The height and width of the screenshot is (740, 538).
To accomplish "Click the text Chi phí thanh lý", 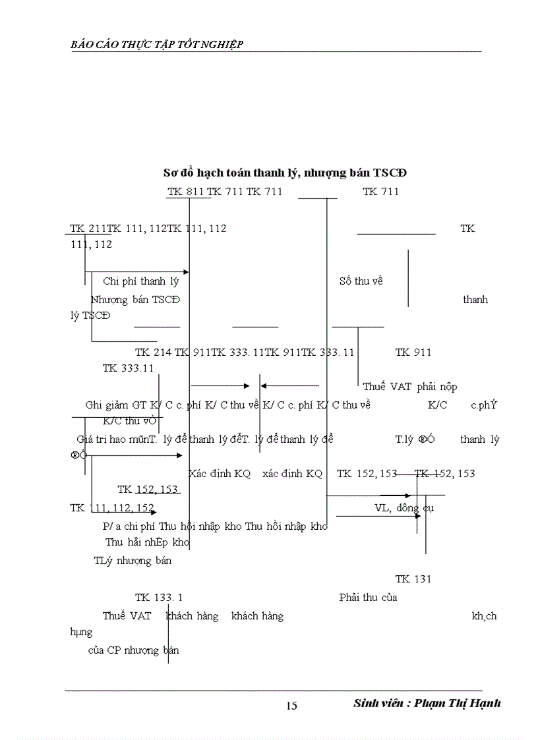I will (x=141, y=281).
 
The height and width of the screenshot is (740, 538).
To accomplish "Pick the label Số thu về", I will (x=361, y=281).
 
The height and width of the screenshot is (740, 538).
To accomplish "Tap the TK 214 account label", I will (x=153, y=353).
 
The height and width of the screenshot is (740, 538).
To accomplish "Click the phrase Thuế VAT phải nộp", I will (x=409, y=387).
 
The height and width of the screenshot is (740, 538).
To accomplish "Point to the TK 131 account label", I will (x=413, y=579).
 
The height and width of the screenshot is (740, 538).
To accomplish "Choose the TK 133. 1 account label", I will (x=159, y=598).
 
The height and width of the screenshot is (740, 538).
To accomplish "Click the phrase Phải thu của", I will (x=368, y=598).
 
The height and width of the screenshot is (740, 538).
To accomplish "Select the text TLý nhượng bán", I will (x=133, y=561).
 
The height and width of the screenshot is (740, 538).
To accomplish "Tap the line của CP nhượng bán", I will (x=134, y=650).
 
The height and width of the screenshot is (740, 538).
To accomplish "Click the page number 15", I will (x=291, y=706).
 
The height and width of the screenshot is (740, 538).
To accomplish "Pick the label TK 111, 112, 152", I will (x=112, y=508).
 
